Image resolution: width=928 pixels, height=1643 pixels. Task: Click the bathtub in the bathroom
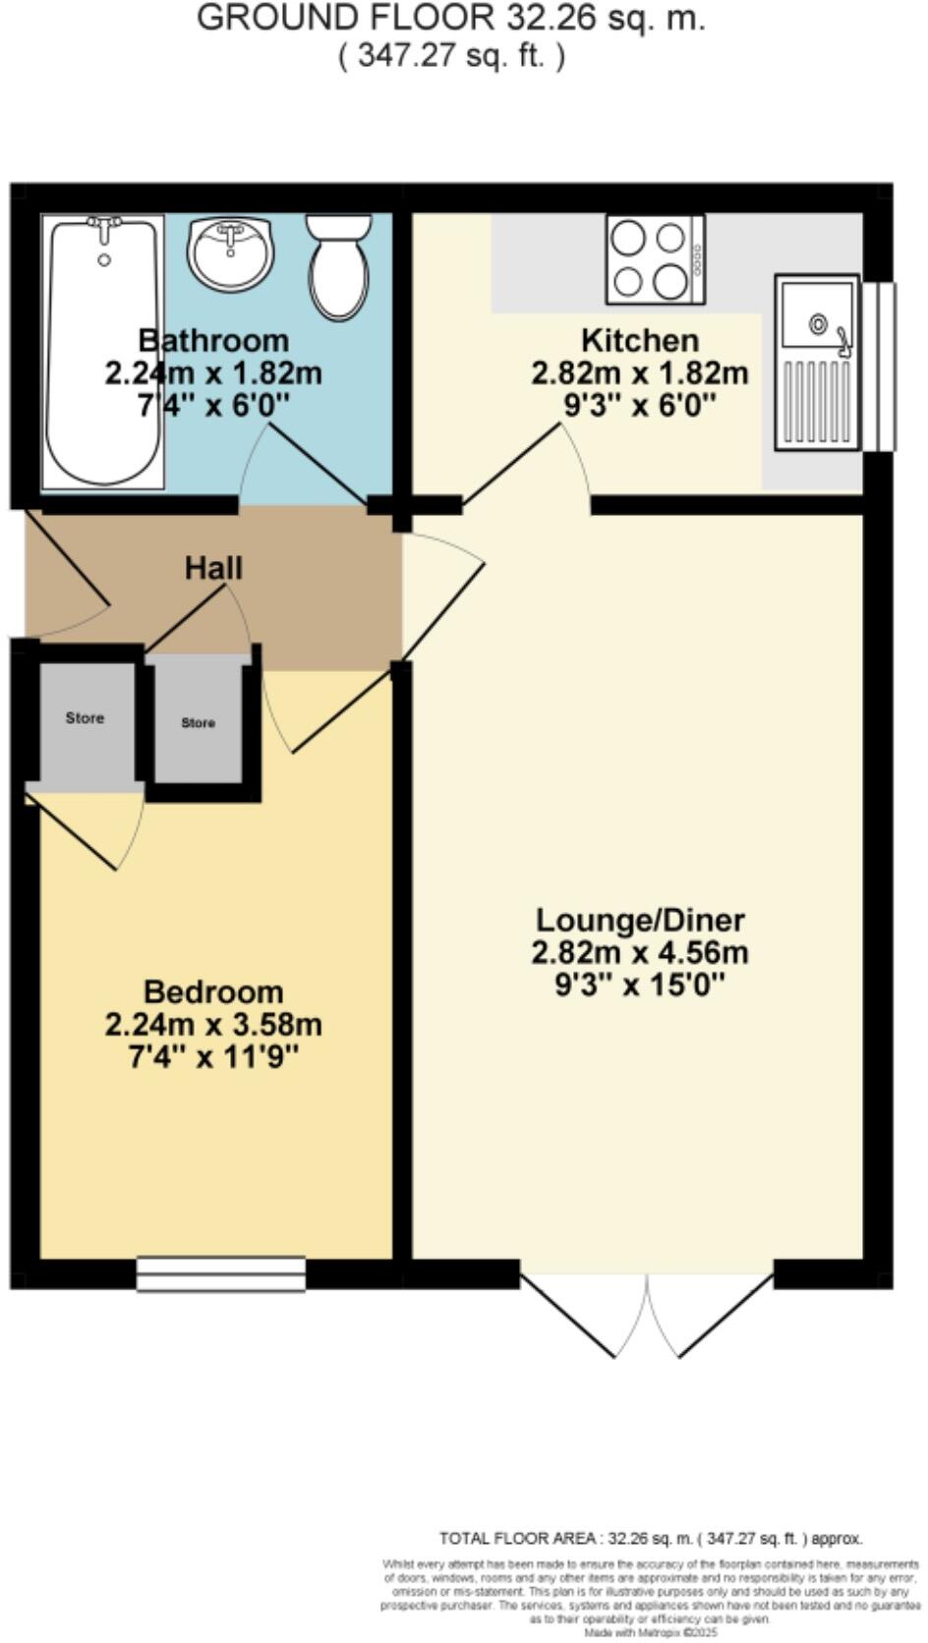[103, 354]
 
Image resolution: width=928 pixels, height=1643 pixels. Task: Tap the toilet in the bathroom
[338, 267]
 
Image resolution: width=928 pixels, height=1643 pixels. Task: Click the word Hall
[213, 568]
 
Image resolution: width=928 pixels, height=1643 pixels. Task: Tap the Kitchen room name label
[640, 341]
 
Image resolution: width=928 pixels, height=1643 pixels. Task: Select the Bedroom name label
[213, 991]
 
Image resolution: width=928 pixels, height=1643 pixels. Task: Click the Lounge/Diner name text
[640, 921]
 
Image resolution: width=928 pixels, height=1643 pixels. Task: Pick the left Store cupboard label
[85, 718]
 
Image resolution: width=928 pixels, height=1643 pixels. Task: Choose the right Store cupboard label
[198, 723]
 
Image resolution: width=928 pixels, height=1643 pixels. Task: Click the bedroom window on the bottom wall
[221, 1274]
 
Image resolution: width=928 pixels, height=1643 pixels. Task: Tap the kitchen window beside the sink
[879, 366]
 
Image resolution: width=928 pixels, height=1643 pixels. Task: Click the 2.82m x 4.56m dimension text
[640, 952]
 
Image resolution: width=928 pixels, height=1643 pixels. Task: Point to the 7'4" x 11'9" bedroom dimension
[213, 1057]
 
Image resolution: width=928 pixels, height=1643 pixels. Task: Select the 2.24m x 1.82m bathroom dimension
[213, 373]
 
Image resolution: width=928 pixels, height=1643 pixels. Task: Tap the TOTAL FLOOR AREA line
[651, 1539]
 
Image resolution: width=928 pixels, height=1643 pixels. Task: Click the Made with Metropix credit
[650, 1633]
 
